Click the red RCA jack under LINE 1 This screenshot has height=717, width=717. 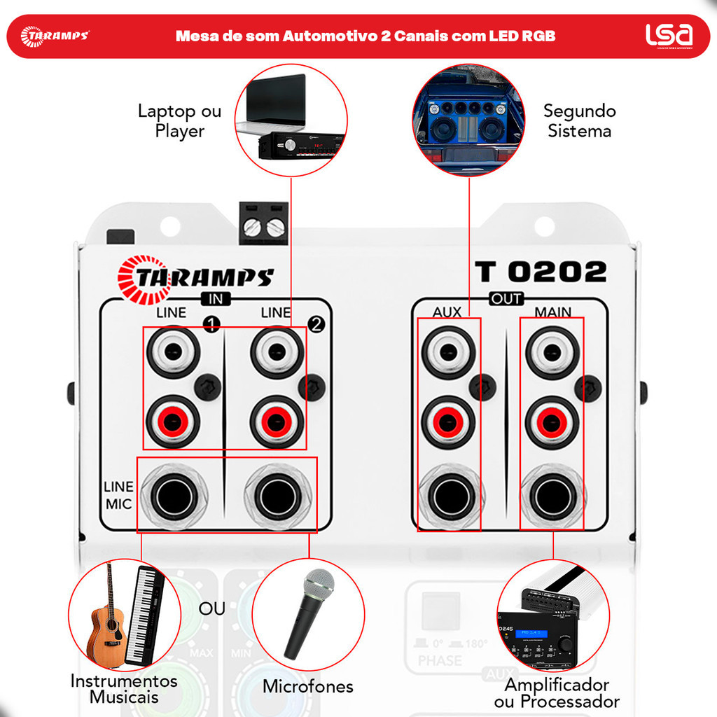(173, 422)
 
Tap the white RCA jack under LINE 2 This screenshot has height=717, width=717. (277, 352)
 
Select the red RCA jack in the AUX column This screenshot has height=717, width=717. (448, 422)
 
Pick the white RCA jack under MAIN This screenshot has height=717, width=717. (552, 352)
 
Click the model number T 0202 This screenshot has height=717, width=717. (541, 272)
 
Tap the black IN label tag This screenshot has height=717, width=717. (216, 299)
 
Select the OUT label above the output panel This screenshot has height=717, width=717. (506, 299)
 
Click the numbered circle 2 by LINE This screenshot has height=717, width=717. (316, 323)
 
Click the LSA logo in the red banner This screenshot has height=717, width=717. (669, 35)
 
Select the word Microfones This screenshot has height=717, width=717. (308, 686)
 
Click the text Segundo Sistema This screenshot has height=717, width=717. (579, 120)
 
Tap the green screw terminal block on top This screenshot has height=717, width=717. (263, 224)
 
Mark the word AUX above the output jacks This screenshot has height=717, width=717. (447, 312)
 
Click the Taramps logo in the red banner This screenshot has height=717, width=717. (55, 36)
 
